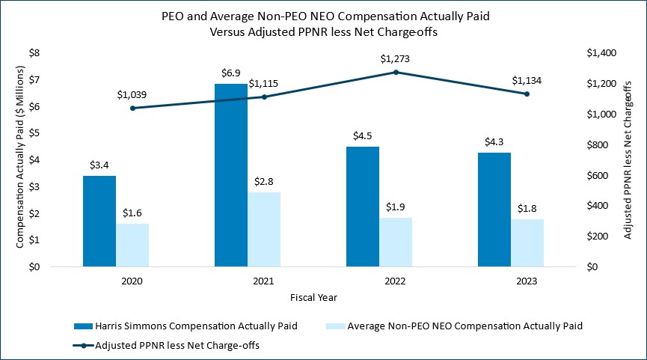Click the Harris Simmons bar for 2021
click(230, 175)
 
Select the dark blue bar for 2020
click(99, 222)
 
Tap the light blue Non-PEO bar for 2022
click(395, 242)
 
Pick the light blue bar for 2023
click(527, 242)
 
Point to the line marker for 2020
click(132, 108)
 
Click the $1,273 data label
click(395, 58)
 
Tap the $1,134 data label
click(527, 80)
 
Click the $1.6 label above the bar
click(132, 212)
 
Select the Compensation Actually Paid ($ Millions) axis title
click(20, 160)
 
